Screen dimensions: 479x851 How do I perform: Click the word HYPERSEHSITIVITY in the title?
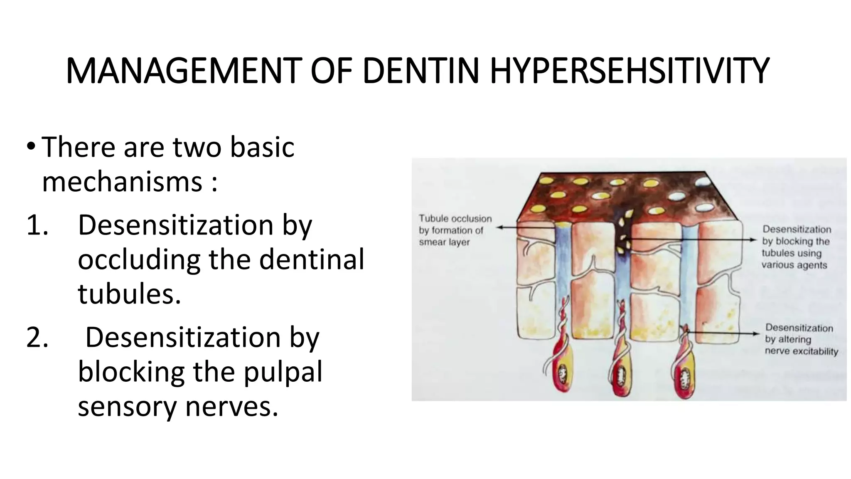(x=630, y=72)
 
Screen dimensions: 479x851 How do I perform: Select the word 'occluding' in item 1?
(x=139, y=260)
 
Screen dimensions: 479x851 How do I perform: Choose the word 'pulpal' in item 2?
(x=283, y=371)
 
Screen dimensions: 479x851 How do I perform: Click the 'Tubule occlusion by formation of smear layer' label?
(x=455, y=230)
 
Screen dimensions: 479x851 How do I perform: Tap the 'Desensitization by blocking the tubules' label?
(x=795, y=247)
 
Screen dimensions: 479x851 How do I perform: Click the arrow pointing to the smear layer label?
(x=528, y=227)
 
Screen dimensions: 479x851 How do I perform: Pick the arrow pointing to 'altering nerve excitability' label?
(x=723, y=333)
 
